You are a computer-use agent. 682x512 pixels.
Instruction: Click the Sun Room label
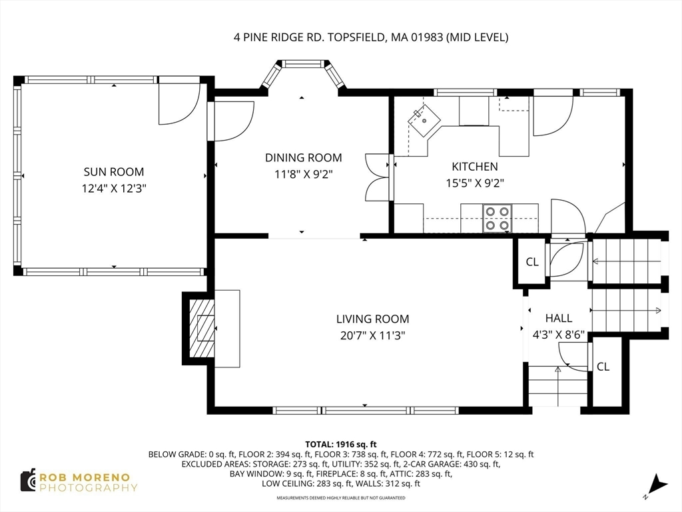[113, 171]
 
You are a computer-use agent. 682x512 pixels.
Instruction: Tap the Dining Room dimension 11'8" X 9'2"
[303, 175]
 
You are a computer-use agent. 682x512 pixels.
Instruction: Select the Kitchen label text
[474, 166]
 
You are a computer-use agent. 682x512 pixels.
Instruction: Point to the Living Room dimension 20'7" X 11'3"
[372, 336]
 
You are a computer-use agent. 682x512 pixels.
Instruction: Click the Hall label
[559, 318]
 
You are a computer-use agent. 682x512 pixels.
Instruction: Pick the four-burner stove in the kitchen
[497, 218]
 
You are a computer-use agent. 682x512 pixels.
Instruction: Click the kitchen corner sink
[424, 120]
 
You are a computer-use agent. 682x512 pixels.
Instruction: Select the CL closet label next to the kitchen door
[532, 261]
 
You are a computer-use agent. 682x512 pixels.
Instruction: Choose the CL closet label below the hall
[603, 367]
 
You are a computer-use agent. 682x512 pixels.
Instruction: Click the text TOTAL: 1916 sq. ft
[340, 445]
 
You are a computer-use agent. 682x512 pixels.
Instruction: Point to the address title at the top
[371, 37]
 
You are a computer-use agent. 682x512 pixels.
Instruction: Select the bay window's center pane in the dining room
[303, 64]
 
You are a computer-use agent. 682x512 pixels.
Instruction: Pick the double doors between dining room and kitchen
[377, 177]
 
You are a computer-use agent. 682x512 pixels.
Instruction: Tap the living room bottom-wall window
[366, 410]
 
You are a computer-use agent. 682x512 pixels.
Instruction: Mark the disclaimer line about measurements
[341, 497]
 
